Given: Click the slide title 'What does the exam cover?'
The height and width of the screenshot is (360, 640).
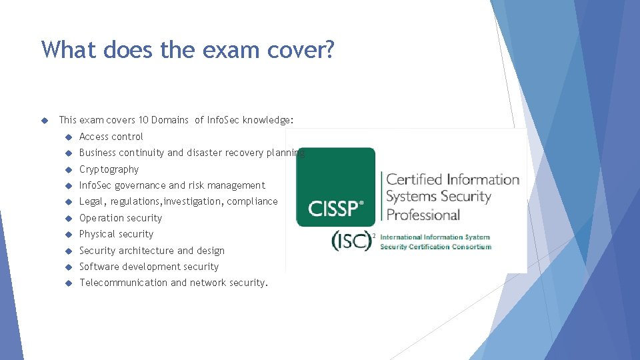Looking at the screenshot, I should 187,49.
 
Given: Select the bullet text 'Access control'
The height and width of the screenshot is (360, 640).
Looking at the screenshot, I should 111,137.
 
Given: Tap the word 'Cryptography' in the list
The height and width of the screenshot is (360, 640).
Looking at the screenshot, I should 109,169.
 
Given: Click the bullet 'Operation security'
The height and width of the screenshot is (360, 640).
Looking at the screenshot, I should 121,218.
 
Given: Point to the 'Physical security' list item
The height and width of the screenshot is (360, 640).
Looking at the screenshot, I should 116,234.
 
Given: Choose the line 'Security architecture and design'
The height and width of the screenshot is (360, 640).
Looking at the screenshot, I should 152,251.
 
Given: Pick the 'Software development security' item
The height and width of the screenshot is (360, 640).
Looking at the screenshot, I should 149,267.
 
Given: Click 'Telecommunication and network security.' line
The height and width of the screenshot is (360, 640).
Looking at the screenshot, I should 173,283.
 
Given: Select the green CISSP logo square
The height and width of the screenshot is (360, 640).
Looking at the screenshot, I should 335,187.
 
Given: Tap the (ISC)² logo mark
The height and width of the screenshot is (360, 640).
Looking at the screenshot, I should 353,241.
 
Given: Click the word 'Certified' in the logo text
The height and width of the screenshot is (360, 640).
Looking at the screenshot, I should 414,179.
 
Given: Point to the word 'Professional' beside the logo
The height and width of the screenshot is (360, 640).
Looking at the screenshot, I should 423,215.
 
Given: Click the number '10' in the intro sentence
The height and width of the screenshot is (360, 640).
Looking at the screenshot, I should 143,120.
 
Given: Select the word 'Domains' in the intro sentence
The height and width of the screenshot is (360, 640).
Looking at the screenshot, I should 170,120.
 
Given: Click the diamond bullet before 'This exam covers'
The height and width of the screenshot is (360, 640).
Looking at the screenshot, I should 45,121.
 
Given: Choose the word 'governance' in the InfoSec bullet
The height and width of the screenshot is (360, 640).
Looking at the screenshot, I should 140,185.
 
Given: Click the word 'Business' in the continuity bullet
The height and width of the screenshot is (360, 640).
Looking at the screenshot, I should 97,153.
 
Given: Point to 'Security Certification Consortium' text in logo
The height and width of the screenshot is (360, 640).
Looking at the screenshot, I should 435,247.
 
